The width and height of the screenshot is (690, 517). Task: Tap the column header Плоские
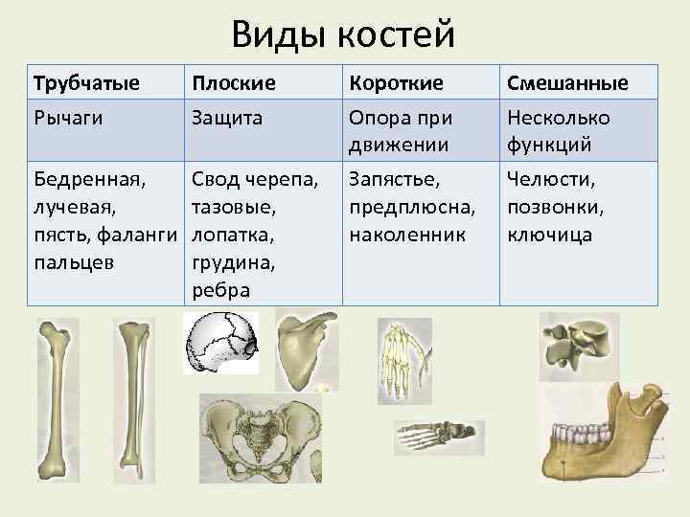coord(234,83)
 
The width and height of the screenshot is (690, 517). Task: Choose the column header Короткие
coord(397,83)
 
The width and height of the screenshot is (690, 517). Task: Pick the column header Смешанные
coord(566,83)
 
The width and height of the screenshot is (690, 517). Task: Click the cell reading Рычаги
coord(68,117)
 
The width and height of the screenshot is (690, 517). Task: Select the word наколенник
coord(407,233)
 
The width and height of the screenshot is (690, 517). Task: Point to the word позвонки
coord(554,206)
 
